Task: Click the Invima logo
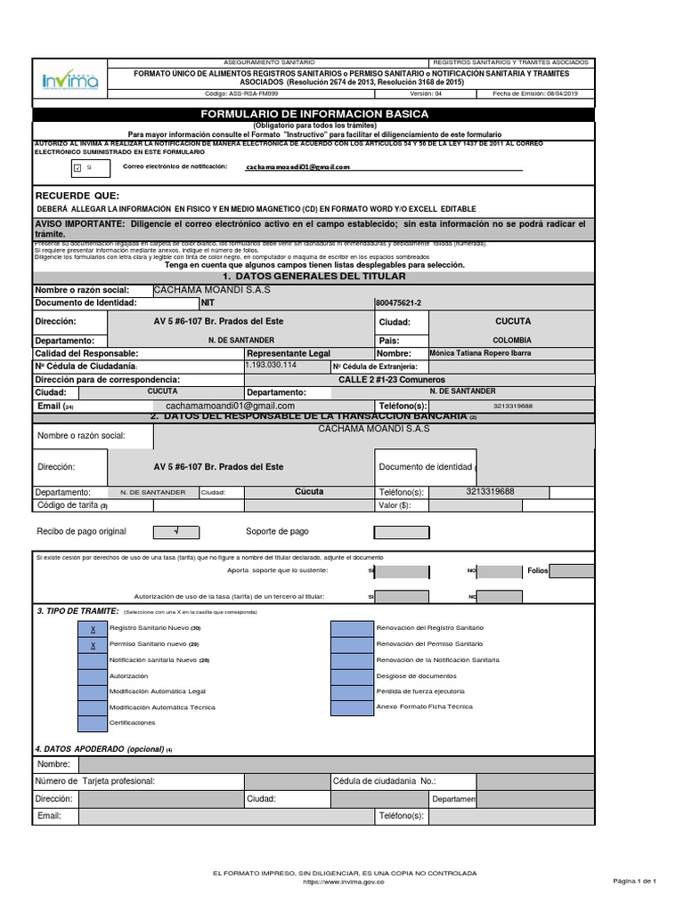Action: click(x=69, y=81)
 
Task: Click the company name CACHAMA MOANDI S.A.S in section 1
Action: click(x=212, y=290)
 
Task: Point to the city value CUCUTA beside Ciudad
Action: click(x=512, y=320)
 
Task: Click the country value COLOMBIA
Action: click(x=512, y=340)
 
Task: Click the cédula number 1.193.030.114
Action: click(x=272, y=366)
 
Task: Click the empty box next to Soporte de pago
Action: click(x=400, y=532)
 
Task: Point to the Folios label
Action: click(x=538, y=570)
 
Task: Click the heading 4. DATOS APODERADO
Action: click(x=102, y=748)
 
